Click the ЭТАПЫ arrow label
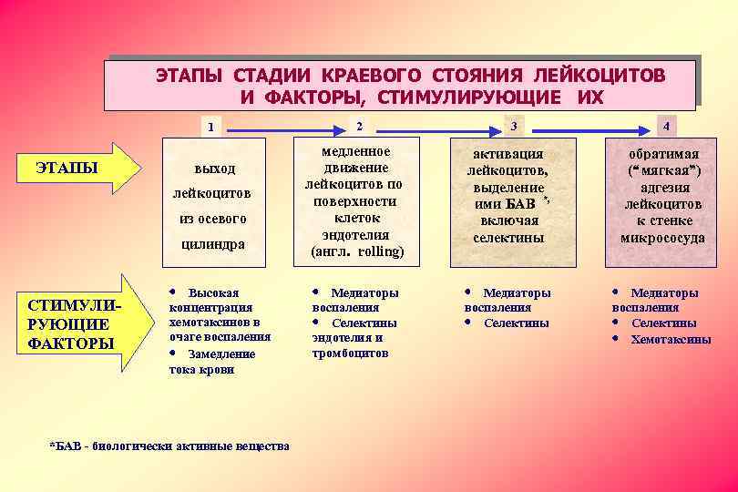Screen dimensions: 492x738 pos(67,168)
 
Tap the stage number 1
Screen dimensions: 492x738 pos(211,127)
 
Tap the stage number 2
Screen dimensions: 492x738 pos(358,125)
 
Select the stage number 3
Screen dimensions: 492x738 pos(514,125)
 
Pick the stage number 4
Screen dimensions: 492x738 pos(668,126)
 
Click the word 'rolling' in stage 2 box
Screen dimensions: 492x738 pos(380,251)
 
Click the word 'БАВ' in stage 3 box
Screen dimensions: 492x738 pos(518,203)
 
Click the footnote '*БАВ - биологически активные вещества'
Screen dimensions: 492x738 pos(169,446)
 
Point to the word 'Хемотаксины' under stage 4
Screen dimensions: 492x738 pos(671,339)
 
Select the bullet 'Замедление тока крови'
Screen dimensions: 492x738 pos(213,361)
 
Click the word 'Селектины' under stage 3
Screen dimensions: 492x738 pos(516,323)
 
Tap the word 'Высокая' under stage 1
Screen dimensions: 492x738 pos(213,292)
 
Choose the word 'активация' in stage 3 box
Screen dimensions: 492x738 pos(514,154)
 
